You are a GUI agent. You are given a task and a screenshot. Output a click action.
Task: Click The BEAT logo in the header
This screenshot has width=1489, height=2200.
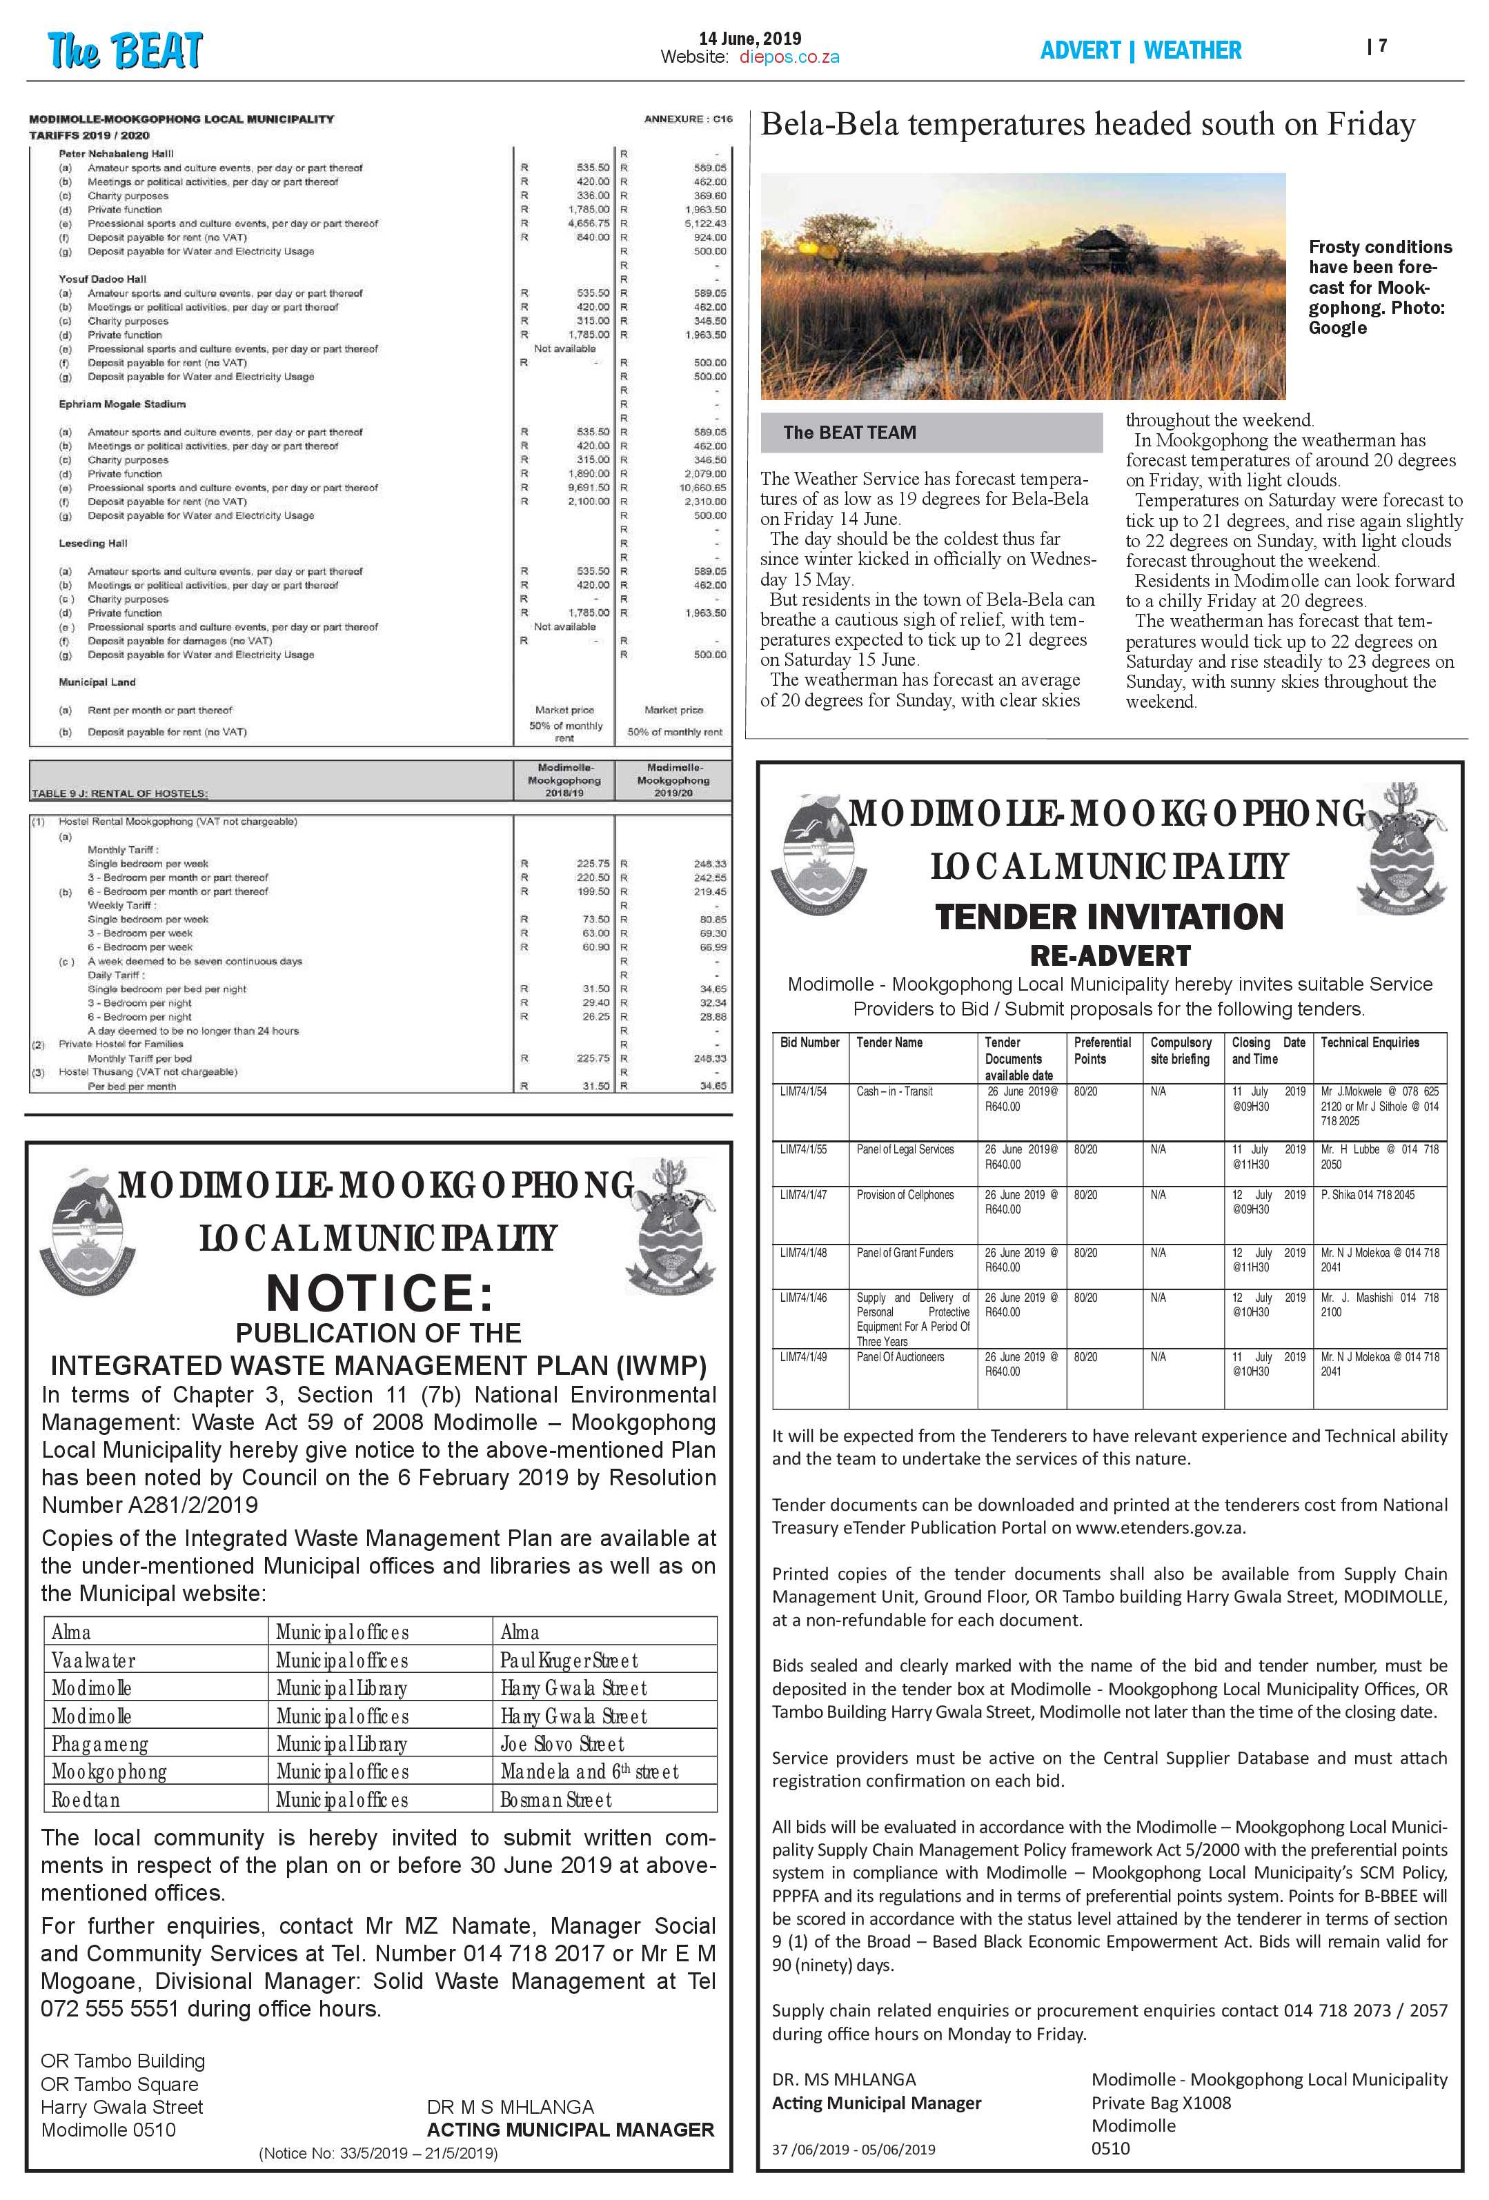(125, 50)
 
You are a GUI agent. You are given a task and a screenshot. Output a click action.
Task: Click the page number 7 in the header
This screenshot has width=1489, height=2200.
(1383, 46)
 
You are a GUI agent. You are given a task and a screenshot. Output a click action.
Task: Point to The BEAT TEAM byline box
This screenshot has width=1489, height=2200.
(931, 433)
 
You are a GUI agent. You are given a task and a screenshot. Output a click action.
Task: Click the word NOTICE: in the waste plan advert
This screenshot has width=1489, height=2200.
(379, 1291)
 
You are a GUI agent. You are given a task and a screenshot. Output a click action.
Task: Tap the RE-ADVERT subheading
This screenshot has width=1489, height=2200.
(1110, 955)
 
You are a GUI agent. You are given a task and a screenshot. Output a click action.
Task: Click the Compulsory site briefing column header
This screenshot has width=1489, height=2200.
(1181, 1051)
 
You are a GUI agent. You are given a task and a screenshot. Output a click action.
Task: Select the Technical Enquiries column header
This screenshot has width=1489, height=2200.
(1370, 1042)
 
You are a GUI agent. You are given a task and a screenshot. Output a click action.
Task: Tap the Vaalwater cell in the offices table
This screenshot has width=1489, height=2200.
(94, 1661)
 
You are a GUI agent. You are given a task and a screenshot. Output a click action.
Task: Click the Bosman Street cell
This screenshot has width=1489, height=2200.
(557, 1800)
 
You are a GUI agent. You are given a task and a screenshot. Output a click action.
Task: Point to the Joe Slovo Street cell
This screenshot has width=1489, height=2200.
(562, 1744)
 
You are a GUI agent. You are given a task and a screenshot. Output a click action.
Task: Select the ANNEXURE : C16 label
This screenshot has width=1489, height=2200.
(687, 119)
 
